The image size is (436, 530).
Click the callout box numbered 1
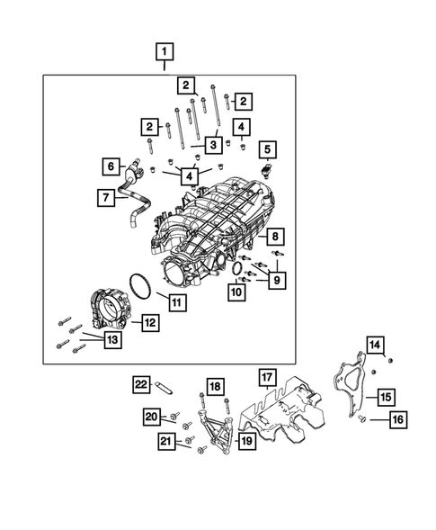[164, 50]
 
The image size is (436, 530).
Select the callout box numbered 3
[213, 144]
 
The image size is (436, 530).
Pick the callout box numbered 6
[111, 166]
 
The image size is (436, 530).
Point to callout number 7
[106, 196]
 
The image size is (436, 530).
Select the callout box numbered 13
[111, 339]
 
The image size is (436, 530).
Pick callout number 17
[266, 376]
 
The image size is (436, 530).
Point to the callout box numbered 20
[152, 416]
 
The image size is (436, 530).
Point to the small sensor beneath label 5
[267, 171]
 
